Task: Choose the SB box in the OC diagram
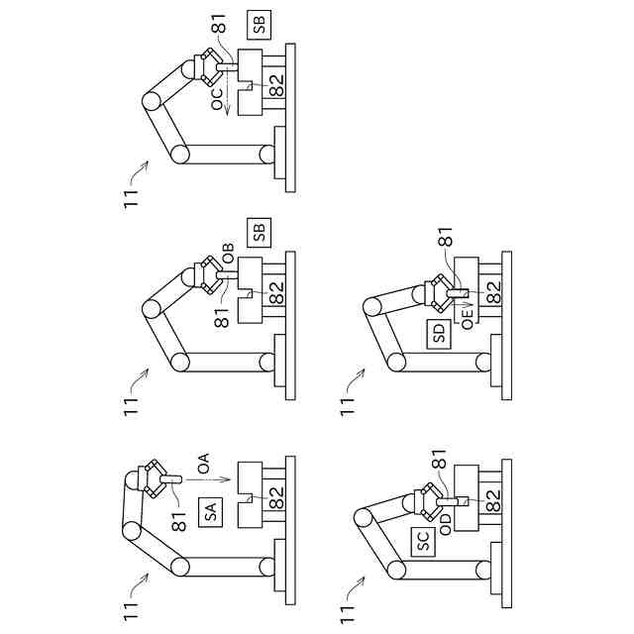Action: [x=260, y=27]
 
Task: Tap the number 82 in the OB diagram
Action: [x=277, y=294]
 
